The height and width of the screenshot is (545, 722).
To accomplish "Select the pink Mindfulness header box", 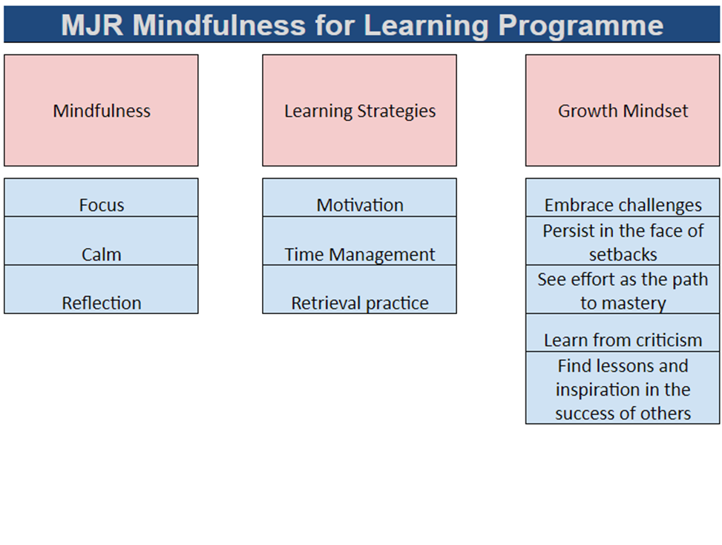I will click(101, 111).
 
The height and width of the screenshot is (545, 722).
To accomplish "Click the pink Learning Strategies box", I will click(359, 111).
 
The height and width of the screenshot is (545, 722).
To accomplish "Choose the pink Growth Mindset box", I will click(623, 111).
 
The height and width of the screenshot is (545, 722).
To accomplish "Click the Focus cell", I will click(101, 204).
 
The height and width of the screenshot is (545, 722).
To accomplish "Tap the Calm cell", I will click(101, 254).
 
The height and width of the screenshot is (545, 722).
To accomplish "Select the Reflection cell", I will click(101, 302).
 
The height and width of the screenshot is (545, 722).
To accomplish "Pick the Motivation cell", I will click(359, 204).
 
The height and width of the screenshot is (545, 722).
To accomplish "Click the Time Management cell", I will click(359, 254).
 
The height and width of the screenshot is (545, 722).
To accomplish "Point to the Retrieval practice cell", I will click(359, 302).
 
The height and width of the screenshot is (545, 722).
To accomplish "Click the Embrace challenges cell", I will click(623, 205).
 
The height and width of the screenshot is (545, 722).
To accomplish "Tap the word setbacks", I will click(623, 254).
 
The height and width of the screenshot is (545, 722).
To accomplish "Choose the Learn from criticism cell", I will click(623, 339).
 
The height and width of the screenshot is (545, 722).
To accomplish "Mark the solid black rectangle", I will click(629, 485).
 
